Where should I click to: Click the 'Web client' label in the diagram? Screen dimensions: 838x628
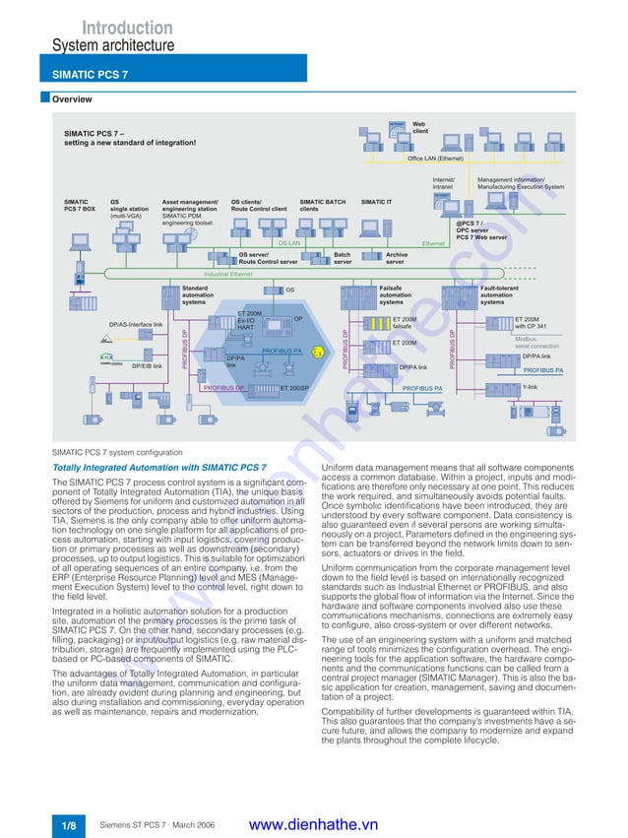coord(419,127)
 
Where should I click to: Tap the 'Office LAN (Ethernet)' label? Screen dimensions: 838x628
coord(435,158)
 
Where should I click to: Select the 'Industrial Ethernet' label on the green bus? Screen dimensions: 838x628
coord(227,274)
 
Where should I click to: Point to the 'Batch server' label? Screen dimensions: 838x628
coord(342,258)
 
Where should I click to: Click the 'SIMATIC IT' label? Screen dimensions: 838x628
coord(376,201)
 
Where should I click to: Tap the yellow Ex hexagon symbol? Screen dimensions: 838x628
coord(317,351)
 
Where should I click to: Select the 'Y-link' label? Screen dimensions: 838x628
coord(530,387)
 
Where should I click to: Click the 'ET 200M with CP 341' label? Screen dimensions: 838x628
coord(531,322)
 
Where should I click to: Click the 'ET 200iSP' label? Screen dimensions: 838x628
coord(294,389)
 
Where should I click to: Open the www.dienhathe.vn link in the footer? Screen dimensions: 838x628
coord(314,824)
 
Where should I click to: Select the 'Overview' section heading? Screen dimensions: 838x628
coord(72,99)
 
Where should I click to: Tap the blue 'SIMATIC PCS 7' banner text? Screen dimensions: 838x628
coord(90,74)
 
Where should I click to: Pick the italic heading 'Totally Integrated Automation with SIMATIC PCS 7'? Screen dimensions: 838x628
coord(158,466)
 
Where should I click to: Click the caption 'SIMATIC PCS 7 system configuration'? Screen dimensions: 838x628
coord(117,452)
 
